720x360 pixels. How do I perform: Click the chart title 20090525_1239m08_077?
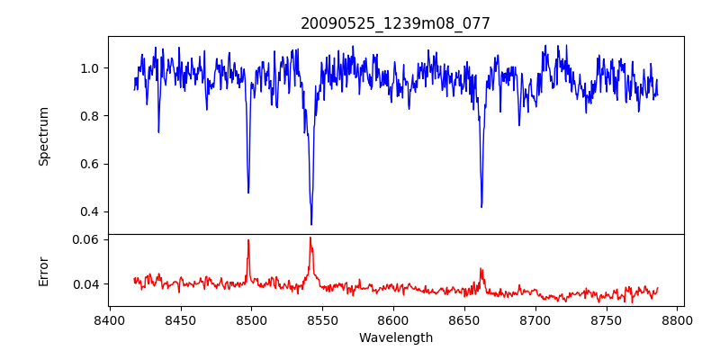point(396,23)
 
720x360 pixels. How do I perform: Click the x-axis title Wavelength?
point(396,338)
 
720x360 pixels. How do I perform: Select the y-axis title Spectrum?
point(43,136)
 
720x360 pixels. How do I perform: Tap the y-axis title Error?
point(43,270)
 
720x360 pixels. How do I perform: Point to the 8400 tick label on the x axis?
point(109,320)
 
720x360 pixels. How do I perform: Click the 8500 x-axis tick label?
point(251,320)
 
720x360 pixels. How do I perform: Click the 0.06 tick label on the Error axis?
point(85,240)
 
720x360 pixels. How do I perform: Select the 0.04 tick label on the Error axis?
point(85,284)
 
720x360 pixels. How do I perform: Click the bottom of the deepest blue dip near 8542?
point(311,224)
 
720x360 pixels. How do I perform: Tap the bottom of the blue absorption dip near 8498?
point(248,193)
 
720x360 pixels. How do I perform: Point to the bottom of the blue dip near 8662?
point(481,207)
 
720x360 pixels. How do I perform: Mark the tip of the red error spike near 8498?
point(248,240)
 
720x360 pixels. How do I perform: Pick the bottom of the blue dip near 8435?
point(158,132)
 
